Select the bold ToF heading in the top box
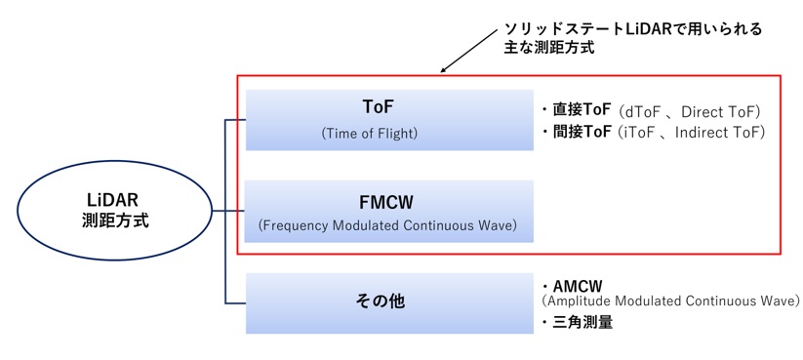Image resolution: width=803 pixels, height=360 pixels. click(378, 107)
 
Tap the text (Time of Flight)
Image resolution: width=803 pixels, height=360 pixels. click(370, 134)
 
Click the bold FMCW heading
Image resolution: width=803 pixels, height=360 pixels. click(386, 203)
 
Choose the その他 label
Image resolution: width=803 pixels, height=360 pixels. click(380, 301)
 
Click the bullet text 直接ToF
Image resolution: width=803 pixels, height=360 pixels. click(582, 110)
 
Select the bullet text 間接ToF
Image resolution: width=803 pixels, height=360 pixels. click(582, 132)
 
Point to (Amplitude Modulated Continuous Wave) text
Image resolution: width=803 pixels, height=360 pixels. click(670, 300)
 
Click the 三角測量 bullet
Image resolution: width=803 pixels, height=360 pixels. click(582, 322)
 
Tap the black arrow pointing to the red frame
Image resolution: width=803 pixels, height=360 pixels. click(468, 51)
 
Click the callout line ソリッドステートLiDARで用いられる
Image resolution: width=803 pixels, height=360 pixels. click(633, 29)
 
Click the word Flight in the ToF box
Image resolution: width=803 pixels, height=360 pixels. click(397, 135)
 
